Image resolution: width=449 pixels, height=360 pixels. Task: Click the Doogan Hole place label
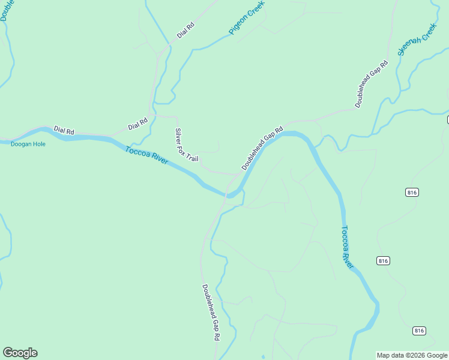[x=28, y=144]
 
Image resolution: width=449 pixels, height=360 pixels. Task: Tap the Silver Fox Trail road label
[x=186, y=145]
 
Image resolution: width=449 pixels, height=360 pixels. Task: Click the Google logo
[x=20, y=353]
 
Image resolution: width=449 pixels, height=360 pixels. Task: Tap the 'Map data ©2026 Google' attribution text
[x=412, y=355]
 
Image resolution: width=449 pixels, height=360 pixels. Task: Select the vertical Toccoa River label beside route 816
[x=348, y=247]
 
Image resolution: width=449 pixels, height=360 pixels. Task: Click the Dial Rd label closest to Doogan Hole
[x=64, y=130]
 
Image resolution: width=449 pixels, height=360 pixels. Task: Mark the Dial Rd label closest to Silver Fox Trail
[x=137, y=124]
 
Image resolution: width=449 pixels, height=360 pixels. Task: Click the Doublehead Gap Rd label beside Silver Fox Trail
[x=262, y=148]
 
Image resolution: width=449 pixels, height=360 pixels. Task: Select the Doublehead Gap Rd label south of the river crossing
[x=210, y=313]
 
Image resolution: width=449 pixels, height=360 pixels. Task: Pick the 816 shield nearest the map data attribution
[x=420, y=331]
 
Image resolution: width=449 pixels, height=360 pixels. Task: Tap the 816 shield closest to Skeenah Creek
[x=412, y=192]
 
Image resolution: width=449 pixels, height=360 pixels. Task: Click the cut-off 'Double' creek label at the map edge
[x=4, y=10]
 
